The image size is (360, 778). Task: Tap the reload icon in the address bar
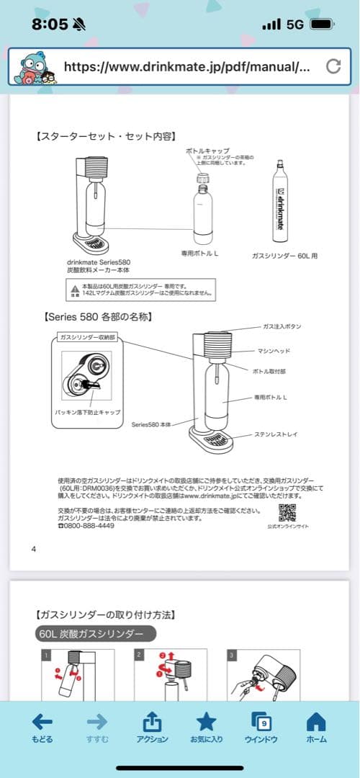pyautogui.click(x=333, y=67)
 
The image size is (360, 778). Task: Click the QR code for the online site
pyautogui.click(x=287, y=513)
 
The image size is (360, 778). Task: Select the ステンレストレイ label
pyautogui.click(x=276, y=434)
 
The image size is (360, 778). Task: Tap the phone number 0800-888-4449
pyautogui.click(x=86, y=526)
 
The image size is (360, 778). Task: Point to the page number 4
pyautogui.click(x=33, y=549)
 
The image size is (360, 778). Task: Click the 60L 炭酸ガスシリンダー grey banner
pyautogui.click(x=94, y=635)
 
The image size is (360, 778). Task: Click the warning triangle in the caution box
pyautogui.click(x=74, y=290)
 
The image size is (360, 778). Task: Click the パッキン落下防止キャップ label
pyautogui.click(x=88, y=412)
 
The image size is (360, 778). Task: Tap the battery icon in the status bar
pyautogui.click(x=322, y=24)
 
